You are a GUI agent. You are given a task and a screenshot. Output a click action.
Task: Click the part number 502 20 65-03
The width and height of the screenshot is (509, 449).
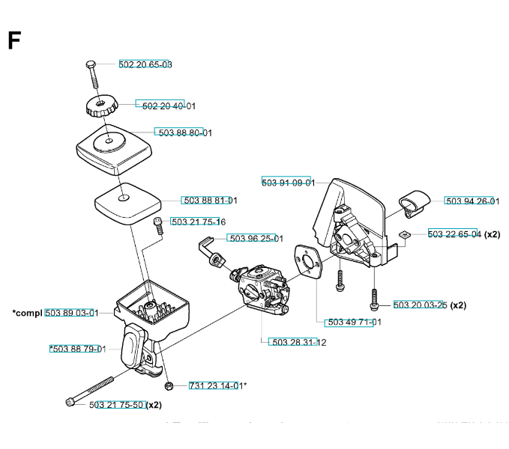coord(145,64)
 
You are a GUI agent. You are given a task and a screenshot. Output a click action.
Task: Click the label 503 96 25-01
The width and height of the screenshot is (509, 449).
coord(256,238)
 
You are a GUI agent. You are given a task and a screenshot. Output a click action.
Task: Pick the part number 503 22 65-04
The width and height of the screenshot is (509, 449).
coord(454,234)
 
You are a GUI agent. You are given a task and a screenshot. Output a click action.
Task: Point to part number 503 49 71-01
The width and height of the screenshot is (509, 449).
coord(355,322)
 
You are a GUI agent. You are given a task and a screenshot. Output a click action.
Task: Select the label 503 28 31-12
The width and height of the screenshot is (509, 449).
coord(299,342)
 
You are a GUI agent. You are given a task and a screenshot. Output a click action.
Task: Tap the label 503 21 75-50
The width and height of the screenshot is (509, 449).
coord(117,405)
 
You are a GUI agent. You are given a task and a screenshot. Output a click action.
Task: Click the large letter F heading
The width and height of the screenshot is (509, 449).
coord(13,41)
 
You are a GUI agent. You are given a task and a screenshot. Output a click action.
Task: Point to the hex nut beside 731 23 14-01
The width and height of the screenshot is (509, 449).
coord(169,385)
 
